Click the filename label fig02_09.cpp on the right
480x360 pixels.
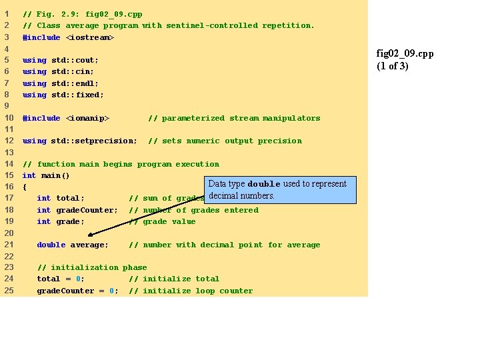(405, 54)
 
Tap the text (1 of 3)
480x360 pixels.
(393, 66)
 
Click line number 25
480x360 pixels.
(9, 291)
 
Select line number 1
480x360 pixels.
(7, 14)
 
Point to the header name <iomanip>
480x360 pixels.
(87, 118)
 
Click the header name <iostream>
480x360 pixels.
(90, 37)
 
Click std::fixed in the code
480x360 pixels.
(77, 95)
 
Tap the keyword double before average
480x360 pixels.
(51, 245)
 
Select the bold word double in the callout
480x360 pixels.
(264, 184)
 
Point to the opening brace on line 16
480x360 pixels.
(25, 187)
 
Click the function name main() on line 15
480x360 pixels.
(55, 175)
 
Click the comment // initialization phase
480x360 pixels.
(92, 267)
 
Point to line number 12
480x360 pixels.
(9, 141)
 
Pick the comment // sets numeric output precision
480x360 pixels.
(225, 141)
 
